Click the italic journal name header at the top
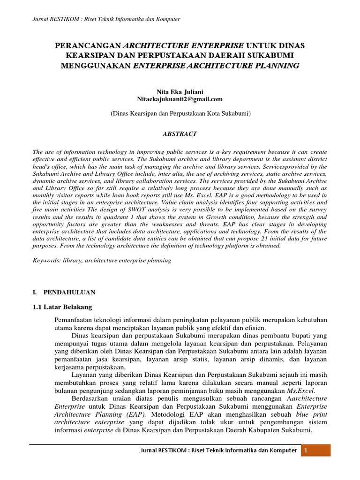105,19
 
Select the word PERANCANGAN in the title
88,46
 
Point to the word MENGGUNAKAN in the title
96,66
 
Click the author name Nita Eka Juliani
180,92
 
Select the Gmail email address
180,99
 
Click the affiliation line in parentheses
180,113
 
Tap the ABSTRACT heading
180,134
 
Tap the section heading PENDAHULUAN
69,292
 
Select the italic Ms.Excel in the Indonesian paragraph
301,390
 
